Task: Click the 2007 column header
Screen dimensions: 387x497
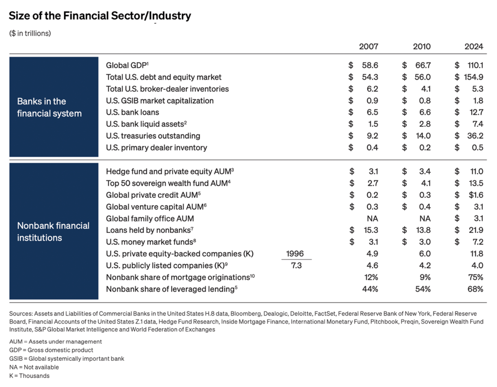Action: [x=368, y=47]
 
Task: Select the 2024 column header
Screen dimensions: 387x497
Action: [x=474, y=47]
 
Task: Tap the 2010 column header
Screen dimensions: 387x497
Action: [x=422, y=47]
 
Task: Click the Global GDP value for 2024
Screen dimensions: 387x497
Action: [x=475, y=65]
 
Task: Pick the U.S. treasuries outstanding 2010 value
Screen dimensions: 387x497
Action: [x=423, y=136]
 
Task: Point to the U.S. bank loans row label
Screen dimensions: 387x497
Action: [x=132, y=112]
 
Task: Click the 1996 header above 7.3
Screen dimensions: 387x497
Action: [x=295, y=254]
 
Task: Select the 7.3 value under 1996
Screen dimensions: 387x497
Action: [x=296, y=266]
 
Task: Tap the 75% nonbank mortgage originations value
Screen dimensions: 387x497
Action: [x=475, y=277]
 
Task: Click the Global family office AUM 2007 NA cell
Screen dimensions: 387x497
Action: [x=372, y=218]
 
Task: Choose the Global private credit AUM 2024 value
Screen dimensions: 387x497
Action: [x=476, y=195]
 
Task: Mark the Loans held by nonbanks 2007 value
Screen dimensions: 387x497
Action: [x=371, y=230]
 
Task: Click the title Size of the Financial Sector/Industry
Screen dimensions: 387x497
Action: [x=100, y=16]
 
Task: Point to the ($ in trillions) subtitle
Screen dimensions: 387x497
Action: [x=30, y=33]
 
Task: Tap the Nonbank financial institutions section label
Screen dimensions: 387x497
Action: [x=53, y=231]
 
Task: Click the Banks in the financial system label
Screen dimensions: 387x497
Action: [x=49, y=107]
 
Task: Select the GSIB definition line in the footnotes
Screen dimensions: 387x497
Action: [x=67, y=359]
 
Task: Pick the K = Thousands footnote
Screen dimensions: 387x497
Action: [x=29, y=375]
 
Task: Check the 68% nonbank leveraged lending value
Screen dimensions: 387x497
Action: [x=475, y=289]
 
